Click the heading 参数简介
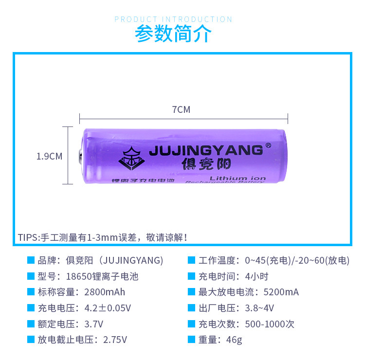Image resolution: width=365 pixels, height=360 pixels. (173, 34)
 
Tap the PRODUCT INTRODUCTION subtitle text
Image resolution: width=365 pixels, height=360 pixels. (173, 19)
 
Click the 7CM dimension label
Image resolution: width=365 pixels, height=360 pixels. (181, 110)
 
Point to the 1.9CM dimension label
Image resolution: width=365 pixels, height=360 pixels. (50, 156)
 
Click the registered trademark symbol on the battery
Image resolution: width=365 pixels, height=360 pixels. (268, 145)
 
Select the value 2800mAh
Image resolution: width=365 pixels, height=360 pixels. (105, 292)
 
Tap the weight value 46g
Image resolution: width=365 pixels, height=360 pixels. (234, 340)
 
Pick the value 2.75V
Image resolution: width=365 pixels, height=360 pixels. (116, 340)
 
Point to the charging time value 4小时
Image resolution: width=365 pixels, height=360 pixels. (257, 276)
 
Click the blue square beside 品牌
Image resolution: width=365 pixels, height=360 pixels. (31, 260)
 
